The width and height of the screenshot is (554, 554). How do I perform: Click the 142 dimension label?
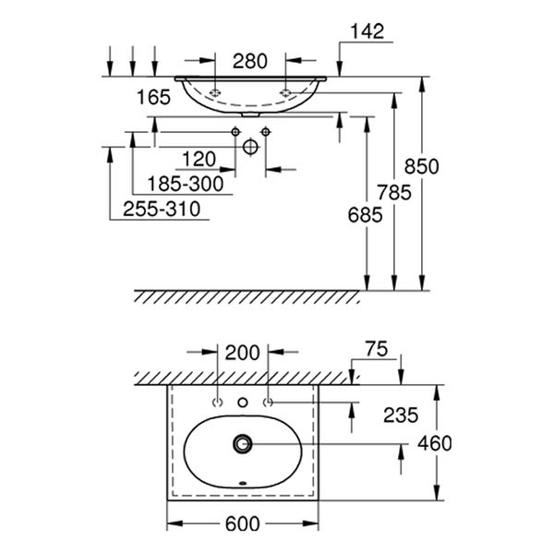[x=367, y=31]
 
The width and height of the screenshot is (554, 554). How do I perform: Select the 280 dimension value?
[x=250, y=61]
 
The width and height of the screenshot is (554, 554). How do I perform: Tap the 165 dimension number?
[x=153, y=97]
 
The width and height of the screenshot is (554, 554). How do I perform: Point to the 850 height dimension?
[x=422, y=166]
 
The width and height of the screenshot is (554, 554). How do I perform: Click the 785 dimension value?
[x=394, y=193]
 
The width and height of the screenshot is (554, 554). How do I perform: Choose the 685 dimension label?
[x=365, y=215]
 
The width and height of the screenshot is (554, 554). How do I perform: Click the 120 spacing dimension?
[x=199, y=159]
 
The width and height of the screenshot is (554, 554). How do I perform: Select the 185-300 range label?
[x=186, y=184]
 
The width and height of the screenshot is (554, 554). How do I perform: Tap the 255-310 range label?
[x=162, y=209]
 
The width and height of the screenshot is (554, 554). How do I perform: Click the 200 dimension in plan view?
[x=242, y=353]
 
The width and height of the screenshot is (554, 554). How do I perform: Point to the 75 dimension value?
[x=377, y=349]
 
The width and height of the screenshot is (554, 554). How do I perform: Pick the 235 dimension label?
[x=401, y=415]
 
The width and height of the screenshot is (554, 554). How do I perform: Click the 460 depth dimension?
[x=435, y=443]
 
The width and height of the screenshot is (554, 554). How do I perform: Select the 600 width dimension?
[x=242, y=524]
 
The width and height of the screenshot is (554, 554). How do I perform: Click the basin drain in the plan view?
[x=243, y=444]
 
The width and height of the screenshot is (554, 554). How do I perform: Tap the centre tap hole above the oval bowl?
[x=243, y=402]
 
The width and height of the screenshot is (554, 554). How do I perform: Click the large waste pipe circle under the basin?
[x=250, y=147]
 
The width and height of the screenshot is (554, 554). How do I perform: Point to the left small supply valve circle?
[x=235, y=132]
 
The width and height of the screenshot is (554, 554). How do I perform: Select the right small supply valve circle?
[x=266, y=132]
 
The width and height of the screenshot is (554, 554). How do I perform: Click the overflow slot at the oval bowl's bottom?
[x=243, y=483]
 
